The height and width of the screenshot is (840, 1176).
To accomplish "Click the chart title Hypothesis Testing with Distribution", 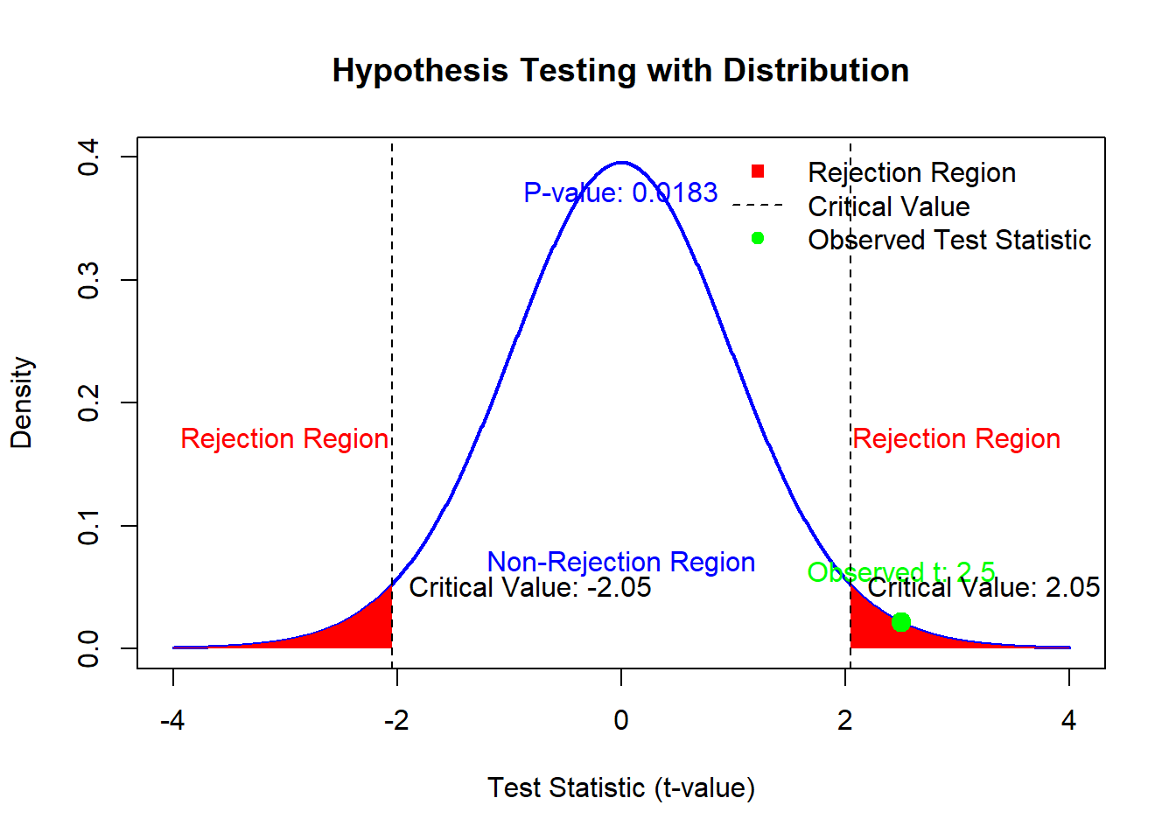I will (x=620, y=70).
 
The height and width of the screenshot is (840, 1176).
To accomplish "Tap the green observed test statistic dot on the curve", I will (x=900, y=622).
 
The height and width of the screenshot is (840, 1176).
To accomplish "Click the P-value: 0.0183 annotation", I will (x=620, y=192).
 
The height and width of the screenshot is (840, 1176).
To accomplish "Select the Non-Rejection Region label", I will (x=620, y=562).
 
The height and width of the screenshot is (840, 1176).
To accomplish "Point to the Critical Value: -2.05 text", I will (x=529, y=587).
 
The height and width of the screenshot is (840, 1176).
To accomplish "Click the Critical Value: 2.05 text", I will (x=983, y=587).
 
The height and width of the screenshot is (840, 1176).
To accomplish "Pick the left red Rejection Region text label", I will (x=284, y=438).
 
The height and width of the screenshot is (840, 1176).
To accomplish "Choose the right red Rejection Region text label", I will (x=956, y=438).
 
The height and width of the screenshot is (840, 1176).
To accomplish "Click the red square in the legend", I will (x=758, y=171).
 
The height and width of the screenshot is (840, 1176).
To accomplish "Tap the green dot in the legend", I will (x=758, y=238).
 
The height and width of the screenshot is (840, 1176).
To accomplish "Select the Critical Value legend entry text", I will (x=888, y=206).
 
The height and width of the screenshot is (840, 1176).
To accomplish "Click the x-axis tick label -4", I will (x=172, y=720).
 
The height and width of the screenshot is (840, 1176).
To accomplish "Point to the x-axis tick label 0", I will (x=620, y=720).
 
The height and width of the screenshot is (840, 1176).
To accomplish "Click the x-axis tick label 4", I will (x=1068, y=720).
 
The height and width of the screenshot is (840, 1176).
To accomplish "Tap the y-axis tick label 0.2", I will (x=88, y=402).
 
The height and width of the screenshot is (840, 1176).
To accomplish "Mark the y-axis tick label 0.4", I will (x=88, y=157).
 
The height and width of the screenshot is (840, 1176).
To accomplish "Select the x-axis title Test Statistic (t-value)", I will (x=620, y=787).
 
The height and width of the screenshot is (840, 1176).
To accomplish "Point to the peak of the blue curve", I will (x=620, y=163).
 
